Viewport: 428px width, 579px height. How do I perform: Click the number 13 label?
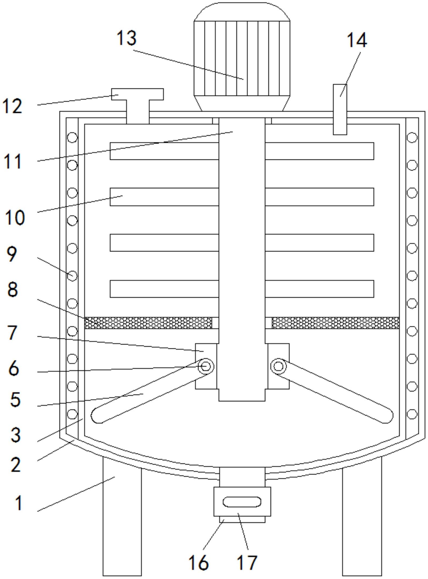(x=126, y=38)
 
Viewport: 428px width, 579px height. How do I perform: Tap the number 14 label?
(x=357, y=40)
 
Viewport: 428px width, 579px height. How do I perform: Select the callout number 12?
(x=12, y=106)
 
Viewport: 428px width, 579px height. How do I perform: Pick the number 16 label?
(x=199, y=562)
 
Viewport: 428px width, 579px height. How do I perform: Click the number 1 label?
(x=18, y=503)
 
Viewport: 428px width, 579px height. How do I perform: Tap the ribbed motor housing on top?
(x=242, y=58)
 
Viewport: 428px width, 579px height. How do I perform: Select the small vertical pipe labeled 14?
(x=340, y=109)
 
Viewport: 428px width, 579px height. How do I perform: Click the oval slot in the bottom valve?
(x=242, y=502)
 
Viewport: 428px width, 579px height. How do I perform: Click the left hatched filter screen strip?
(x=148, y=323)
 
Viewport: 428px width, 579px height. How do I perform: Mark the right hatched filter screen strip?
(x=335, y=323)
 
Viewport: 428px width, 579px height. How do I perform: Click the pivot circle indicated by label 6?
(x=206, y=366)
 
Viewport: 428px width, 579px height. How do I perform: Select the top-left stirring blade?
(x=164, y=151)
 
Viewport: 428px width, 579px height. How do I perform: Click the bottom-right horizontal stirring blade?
(x=319, y=289)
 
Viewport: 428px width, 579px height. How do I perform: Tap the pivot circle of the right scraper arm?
(x=278, y=366)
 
